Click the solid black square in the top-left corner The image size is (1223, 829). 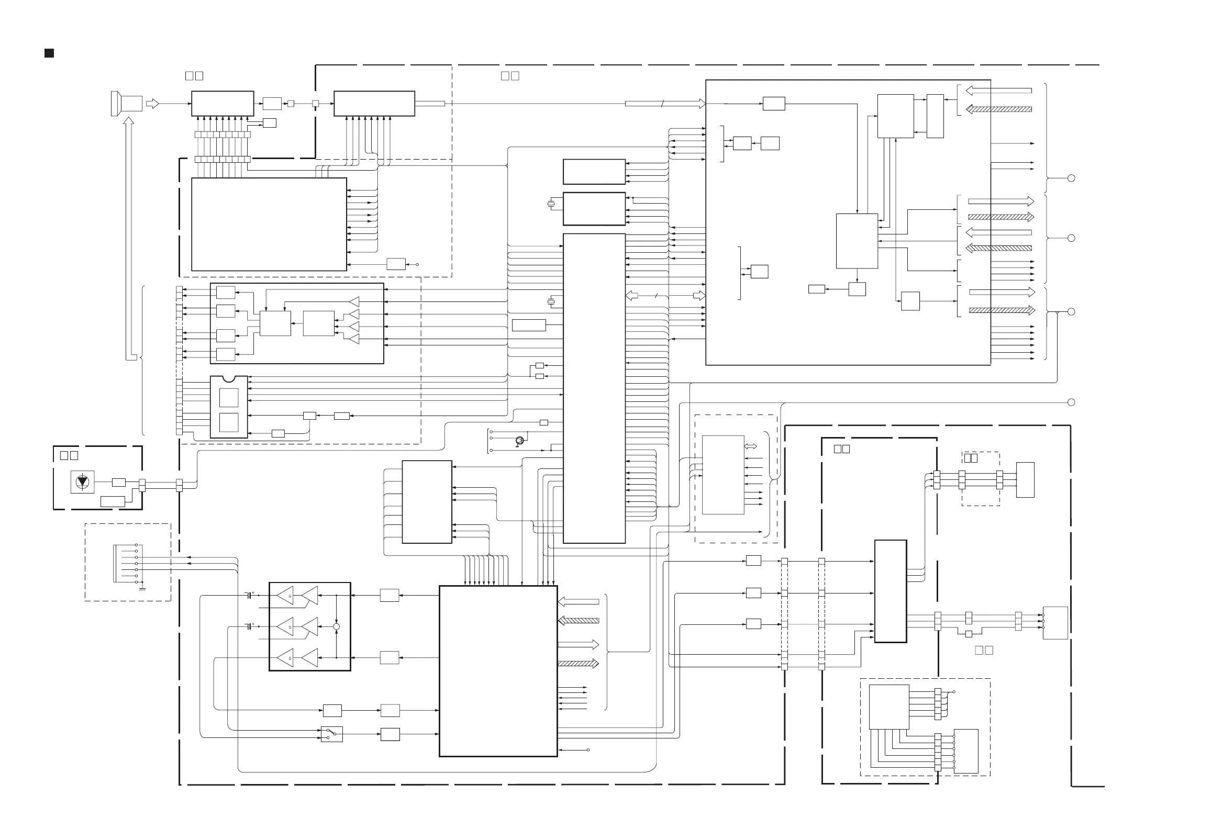point(49,53)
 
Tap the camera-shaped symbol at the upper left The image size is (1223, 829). point(127,103)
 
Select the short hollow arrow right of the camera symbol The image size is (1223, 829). point(152,104)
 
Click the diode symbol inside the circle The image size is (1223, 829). point(83,482)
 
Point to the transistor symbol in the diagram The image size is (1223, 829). point(519,440)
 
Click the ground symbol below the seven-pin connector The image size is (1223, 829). point(142,589)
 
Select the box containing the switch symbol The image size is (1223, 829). point(331,734)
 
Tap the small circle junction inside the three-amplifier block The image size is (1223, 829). point(336,626)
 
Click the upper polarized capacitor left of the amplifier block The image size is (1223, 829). point(249,596)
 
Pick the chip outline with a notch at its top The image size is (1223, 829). point(229,407)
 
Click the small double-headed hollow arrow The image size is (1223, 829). point(750,446)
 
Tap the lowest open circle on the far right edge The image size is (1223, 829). point(1071,402)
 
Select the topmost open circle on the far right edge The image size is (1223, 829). point(1071,178)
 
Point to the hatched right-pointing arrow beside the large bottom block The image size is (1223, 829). point(578,663)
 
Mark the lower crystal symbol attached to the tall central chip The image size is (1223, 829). point(551,302)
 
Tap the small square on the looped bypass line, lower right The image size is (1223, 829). point(969,634)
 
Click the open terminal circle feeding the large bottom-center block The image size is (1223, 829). point(588,749)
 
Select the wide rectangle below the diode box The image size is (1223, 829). point(112,501)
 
